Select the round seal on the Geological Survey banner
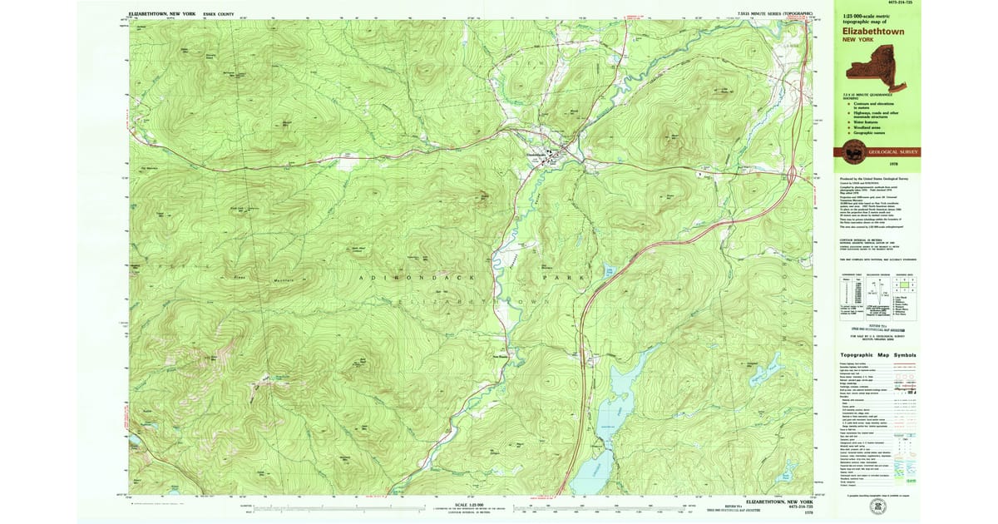click(x=852, y=151)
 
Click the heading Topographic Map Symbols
click(x=877, y=355)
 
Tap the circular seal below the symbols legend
click(x=877, y=505)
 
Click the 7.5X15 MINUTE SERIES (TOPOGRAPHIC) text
click(x=773, y=14)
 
